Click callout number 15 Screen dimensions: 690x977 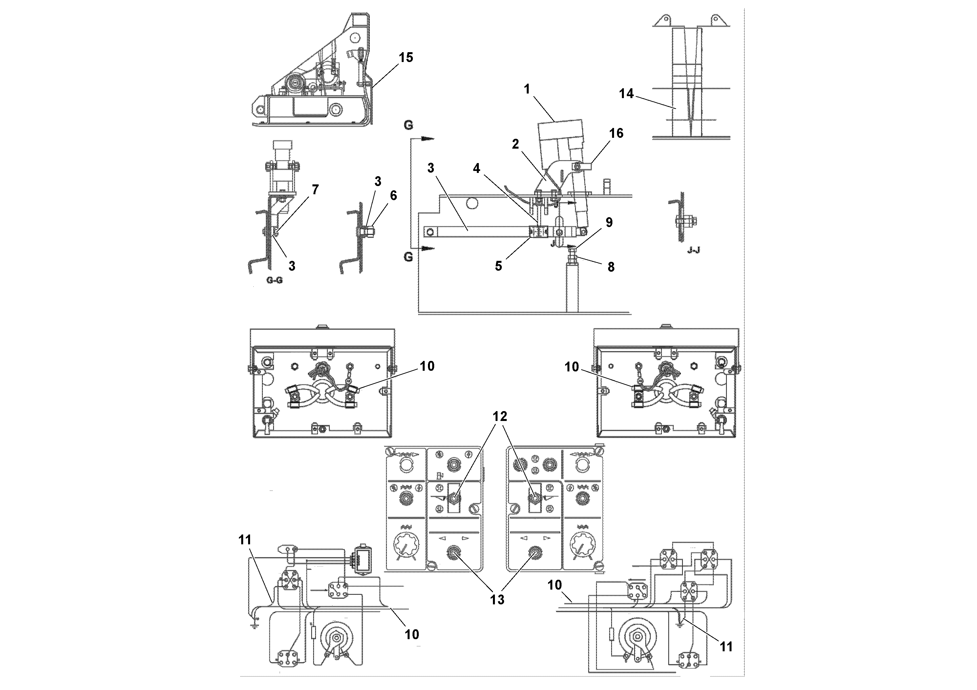[x=406, y=57]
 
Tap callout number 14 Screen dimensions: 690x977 [x=626, y=94]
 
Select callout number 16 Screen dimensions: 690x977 [x=616, y=133]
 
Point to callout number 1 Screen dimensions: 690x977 [x=527, y=89]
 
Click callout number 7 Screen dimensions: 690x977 [x=315, y=189]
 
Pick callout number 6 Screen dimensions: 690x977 [x=393, y=195]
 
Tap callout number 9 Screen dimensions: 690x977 [x=609, y=222]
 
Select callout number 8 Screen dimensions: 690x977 [x=611, y=267]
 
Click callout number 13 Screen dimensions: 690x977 [x=497, y=599]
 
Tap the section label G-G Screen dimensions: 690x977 [x=274, y=281]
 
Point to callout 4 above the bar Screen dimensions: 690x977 [x=476, y=168]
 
